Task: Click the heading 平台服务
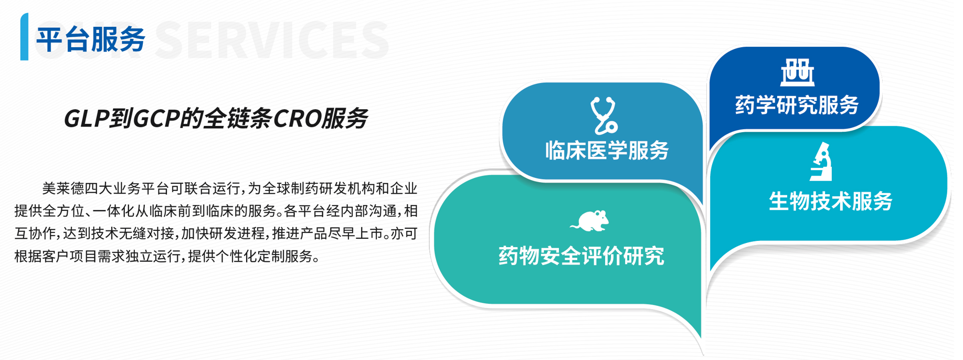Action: point(91,39)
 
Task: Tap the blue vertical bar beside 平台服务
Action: point(24,37)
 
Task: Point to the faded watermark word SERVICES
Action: point(271,40)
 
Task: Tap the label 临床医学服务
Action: point(607,151)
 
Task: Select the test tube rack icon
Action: point(797,72)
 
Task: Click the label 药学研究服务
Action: point(797,105)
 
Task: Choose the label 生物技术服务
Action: point(831,201)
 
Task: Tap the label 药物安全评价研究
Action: point(581,256)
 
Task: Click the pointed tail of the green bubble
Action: point(700,336)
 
